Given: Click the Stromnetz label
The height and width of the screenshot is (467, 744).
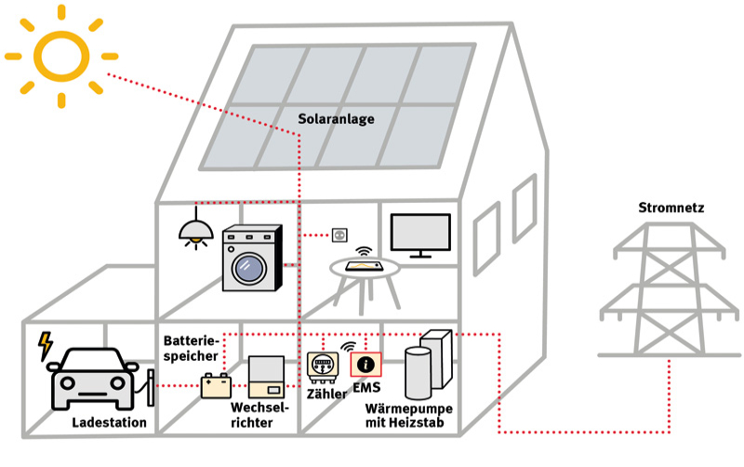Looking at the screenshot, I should tap(671, 208).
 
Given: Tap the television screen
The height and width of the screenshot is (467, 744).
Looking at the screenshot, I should tap(420, 234).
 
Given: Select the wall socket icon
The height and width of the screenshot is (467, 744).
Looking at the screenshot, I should tap(339, 233).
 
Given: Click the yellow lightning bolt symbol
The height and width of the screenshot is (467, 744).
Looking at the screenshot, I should tap(44, 346).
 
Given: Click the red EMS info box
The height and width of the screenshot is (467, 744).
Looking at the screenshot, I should tap(366, 366).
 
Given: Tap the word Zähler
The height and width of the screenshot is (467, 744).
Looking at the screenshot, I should tap(326, 394).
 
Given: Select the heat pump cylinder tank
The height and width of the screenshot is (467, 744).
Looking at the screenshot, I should tap(419, 373).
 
